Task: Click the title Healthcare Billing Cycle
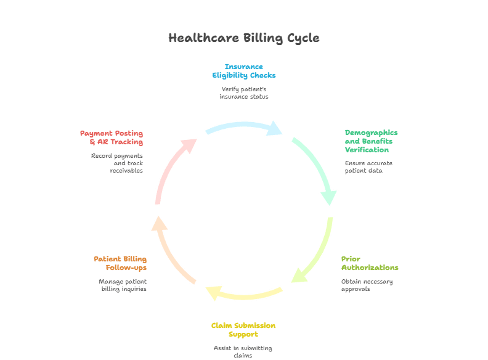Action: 244,38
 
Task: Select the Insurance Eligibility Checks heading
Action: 244,71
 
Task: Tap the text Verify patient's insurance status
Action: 244,93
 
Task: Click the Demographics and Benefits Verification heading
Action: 371,141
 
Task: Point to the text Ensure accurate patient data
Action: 368,167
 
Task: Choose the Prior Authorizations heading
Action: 370,263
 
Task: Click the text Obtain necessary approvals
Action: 367,285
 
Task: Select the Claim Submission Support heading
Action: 243,329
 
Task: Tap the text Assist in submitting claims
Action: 243,352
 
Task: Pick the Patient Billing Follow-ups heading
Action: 120,263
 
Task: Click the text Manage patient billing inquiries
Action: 123,285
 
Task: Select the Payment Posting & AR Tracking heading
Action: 112,137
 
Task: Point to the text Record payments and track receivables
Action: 116,163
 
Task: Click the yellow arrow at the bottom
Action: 243,293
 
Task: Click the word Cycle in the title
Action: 303,38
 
